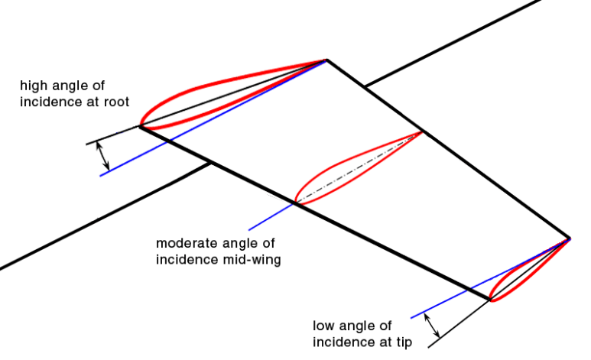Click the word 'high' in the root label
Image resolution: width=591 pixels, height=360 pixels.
click(33, 84)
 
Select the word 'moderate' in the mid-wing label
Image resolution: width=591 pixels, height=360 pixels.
click(182, 244)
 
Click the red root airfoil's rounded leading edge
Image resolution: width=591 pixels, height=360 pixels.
click(141, 122)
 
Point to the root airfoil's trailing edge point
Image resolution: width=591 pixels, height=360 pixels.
click(326, 60)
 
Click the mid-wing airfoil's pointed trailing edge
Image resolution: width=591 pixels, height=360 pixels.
click(421, 132)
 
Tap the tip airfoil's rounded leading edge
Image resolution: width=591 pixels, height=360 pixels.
click(491, 296)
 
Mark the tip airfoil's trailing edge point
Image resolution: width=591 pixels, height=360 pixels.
click(570, 238)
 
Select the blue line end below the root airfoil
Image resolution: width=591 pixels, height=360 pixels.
click(101, 175)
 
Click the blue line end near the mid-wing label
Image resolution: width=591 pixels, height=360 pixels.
click(249, 229)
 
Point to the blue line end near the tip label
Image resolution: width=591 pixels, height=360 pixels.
click(411, 316)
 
